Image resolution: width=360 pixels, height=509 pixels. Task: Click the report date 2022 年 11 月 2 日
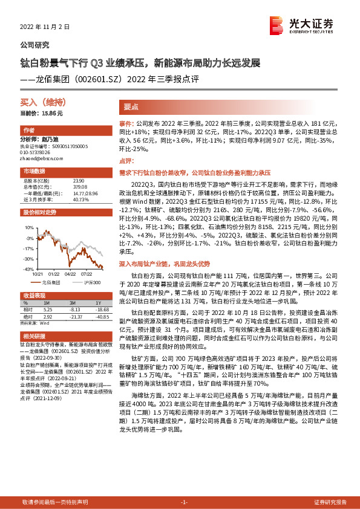coord(45,27)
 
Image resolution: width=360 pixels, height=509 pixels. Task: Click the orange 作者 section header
coord(28,131)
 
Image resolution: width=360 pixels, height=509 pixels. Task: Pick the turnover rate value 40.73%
coord(80,199)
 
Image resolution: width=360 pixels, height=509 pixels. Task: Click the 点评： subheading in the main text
coord(126,161)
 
